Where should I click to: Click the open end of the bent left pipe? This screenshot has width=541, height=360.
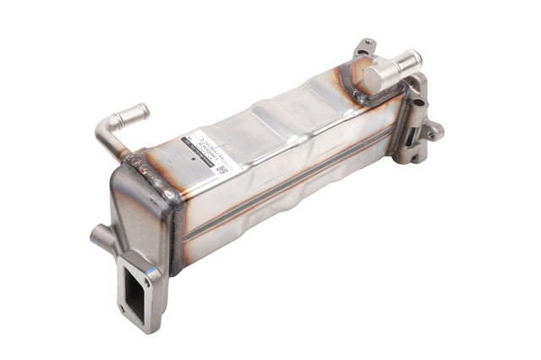(x=144, y=110)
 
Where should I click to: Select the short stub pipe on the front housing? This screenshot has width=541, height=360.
(x=98, y=237)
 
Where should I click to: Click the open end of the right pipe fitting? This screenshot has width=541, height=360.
(x=416, y=58)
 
